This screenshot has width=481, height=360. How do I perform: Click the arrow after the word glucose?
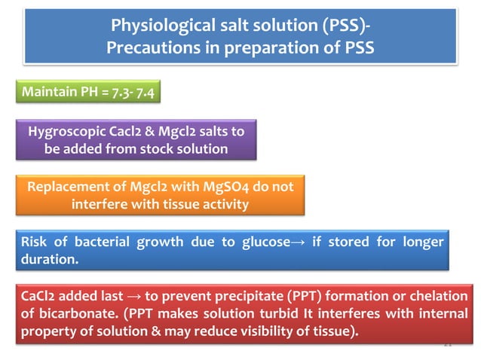[299, 242]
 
